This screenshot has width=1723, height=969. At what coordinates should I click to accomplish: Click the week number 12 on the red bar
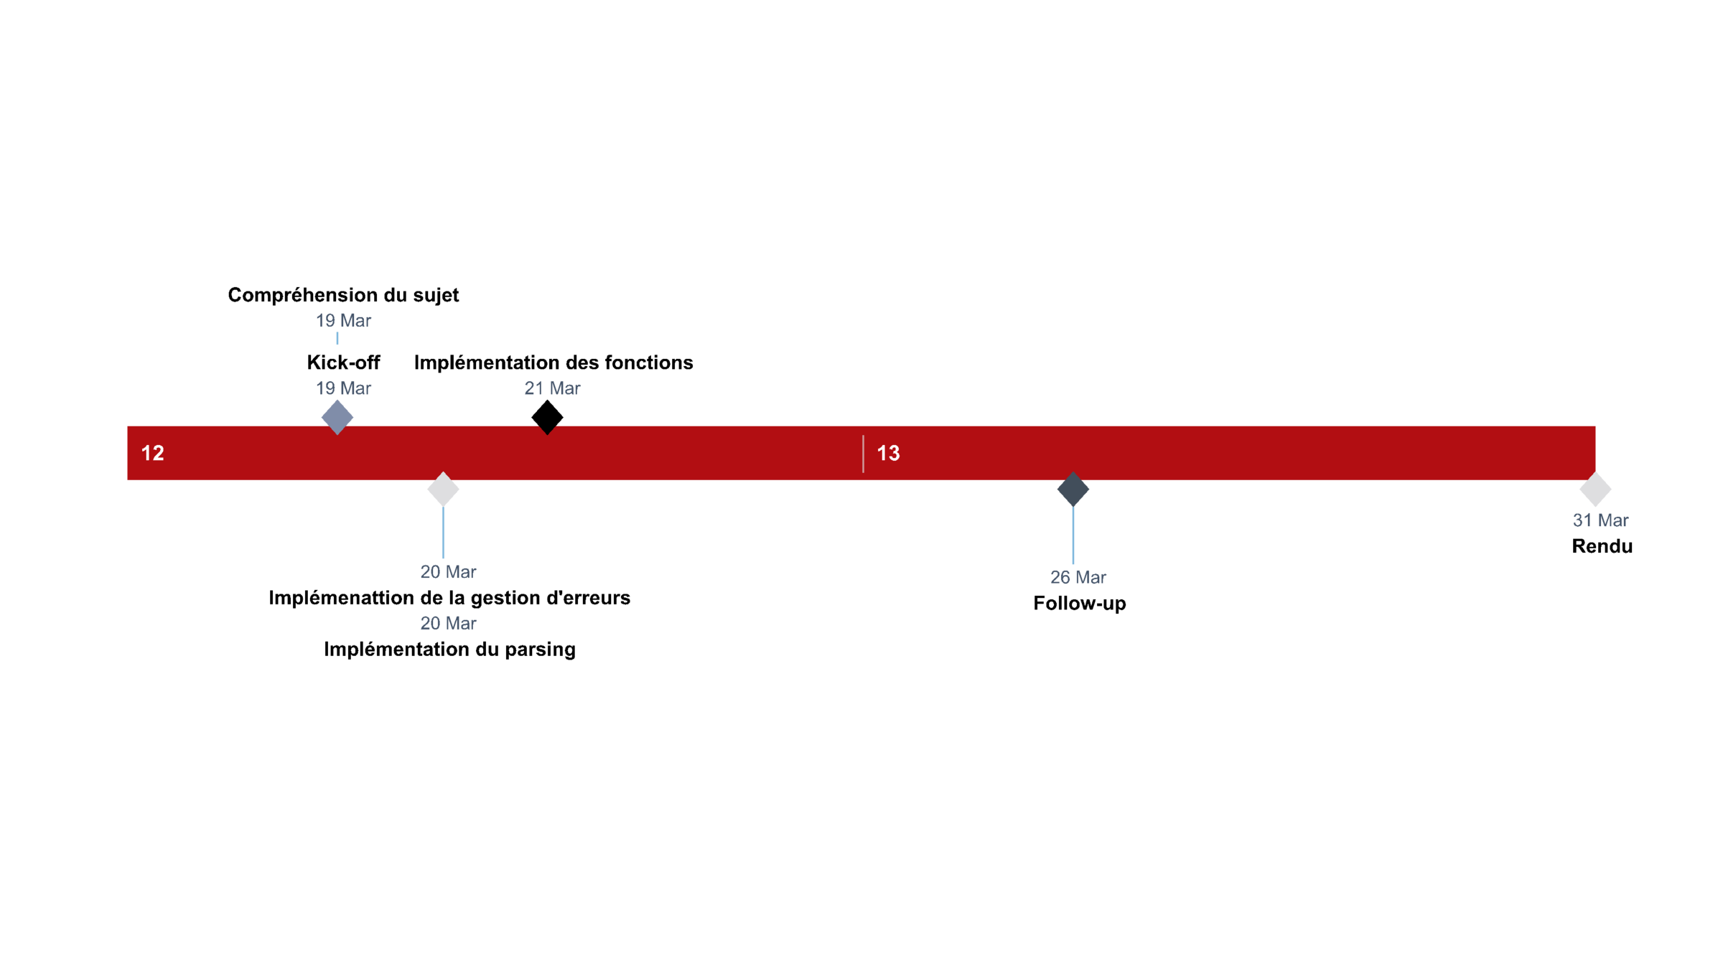(x=152, y=453)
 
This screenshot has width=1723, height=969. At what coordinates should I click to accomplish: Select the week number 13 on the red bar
(x=888, y=453)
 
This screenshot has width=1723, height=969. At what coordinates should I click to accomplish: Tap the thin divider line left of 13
(x=863, y=454)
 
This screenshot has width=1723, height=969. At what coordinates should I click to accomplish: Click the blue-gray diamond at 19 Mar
(x=337, y=416)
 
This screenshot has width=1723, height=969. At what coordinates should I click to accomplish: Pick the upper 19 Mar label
(x=343, y=320)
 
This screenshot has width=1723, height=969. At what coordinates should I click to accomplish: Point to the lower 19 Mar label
(x=343, y=388)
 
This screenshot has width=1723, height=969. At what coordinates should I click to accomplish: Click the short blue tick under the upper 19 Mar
(x=337, y=338)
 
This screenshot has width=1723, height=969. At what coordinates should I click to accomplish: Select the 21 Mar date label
(x=552, y=388)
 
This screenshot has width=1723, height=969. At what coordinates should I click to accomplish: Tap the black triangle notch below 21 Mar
(x=547, y=430)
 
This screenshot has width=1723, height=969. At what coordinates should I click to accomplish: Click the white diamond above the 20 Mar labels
(x=443, y=490)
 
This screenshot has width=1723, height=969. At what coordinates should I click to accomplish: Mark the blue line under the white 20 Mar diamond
(x=443, y=533)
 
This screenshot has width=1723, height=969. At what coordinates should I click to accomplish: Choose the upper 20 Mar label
(x=448, y=571)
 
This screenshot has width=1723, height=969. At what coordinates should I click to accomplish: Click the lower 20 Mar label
(x=448, y=623)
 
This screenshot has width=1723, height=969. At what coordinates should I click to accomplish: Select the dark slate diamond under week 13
(x=1073, y=490)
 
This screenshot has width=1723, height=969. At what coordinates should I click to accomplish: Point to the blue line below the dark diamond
(x=1073, y=535)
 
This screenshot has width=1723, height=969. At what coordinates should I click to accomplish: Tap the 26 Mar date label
(x=1078, y=577)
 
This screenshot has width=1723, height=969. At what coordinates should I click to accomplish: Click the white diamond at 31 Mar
(x=1595, y=490)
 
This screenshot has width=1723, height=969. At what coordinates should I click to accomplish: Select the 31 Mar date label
(x=1600, y=520)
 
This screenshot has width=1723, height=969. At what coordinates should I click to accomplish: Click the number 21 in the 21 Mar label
(x=533, y=388)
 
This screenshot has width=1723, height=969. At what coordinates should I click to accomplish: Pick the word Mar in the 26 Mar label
(x=1091, y=577)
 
